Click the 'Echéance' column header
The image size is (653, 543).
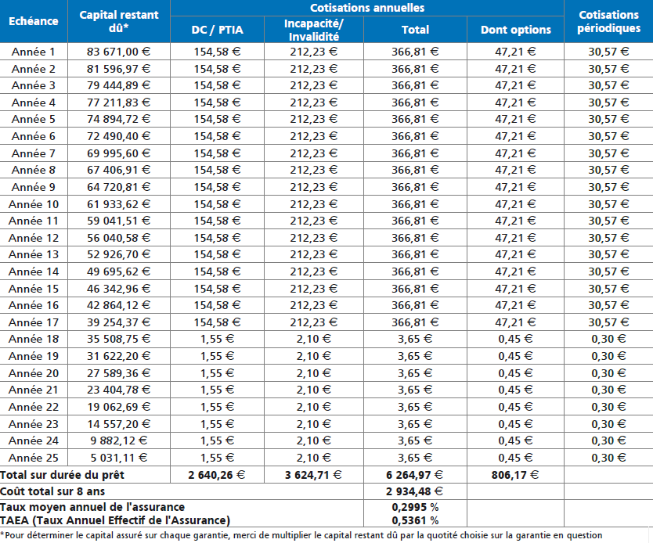pos(34,21)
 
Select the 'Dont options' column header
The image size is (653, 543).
pos(515,30)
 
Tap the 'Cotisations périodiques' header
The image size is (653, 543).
pos(608,21)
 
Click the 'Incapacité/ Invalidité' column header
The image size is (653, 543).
pos(314,30)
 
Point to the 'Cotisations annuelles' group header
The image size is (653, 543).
pos(367,8)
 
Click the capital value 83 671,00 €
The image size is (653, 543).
pos(118,52)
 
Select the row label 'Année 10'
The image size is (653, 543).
pos(34,204)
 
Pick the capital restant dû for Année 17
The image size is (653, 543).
pos(118,322)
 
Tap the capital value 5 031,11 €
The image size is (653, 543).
pos(119,458)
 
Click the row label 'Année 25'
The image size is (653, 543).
pos(34,458)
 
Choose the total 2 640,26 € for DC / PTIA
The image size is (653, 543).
pos(217,475)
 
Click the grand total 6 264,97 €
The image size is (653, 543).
pos(414,475)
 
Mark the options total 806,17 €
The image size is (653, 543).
pos(514,475)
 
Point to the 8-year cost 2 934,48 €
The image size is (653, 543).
pos(414,491)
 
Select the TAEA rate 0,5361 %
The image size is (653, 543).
pos(415,520)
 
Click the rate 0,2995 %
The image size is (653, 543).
pos(415,507)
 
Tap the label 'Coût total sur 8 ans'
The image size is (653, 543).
pos(52,491)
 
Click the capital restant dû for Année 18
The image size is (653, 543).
pos(118,339)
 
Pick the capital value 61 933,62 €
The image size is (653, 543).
pos(118,204)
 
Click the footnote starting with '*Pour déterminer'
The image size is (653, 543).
pos(301,535)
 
